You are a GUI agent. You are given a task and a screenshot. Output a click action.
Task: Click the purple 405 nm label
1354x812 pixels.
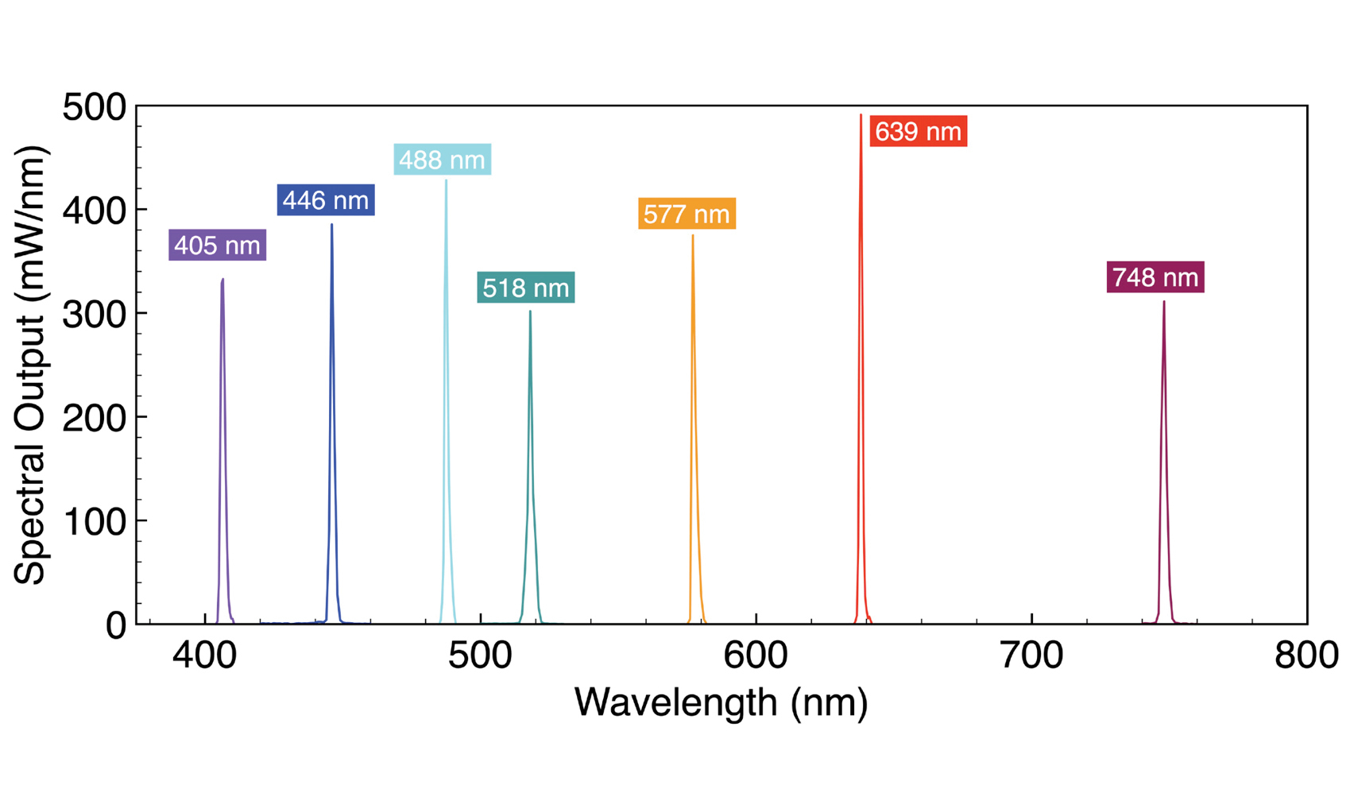pyautogui.click(x=217, y=246)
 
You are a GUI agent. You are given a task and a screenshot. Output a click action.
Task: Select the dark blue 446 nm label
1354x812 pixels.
pyautogui.click(x=326, y=200)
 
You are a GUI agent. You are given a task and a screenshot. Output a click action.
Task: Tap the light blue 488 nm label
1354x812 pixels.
pyautogui.click(x=442, y=160)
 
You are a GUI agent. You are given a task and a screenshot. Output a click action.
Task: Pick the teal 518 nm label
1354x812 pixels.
pyautogui.click(x=525, y=288)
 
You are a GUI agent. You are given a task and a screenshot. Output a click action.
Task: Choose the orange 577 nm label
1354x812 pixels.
pyautogui.click(x=687, y=214)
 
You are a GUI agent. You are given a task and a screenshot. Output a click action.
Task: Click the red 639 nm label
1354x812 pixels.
pyautogui.click(x=918, y=131)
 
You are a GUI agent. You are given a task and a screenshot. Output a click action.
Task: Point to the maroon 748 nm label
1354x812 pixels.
pyautogui.click(x=1155, y=277)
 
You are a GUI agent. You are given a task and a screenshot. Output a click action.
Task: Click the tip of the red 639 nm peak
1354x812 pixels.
pyautogui.click(x=861, y=116)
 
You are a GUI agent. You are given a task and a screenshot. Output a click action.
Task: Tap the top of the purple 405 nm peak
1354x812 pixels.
pyautogui.click(x=222, y=280)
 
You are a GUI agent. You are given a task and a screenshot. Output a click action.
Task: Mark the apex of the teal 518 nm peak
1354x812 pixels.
pyautogui.click(x=530, y=311)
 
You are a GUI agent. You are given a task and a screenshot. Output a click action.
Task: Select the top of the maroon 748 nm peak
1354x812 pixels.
pyautogui.click(x=1164, y=302)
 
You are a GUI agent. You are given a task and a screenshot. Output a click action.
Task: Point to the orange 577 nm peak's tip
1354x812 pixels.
pyautogui.click(x=693, y=236)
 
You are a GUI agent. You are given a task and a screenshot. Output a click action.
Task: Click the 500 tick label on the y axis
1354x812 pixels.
pyautogui.click(x=94, y=107)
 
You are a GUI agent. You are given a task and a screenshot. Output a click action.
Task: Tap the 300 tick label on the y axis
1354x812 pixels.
pyautogui.click(x=94, y=315)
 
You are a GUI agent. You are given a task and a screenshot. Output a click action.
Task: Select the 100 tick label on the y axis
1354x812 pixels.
pyautogui.click(x=94, y=522)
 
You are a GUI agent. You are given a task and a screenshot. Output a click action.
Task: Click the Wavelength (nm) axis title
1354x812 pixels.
pyautogui.click(x=721, y=702)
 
